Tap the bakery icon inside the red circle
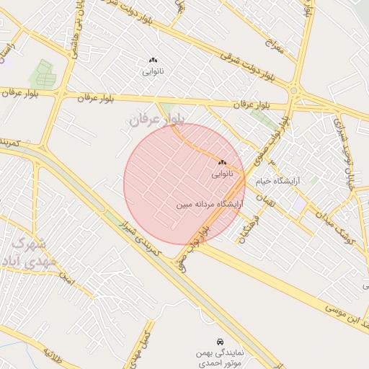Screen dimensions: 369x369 click(221, 163)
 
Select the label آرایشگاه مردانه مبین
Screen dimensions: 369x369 click(210, 205)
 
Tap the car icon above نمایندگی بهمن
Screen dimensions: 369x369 click(219, 341)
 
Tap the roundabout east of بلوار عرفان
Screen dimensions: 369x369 click(294, 91)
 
